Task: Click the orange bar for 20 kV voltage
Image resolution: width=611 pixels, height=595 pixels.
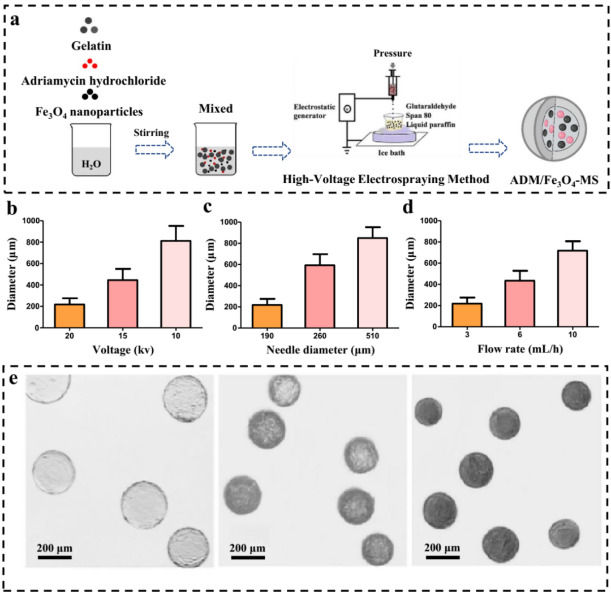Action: click(70, 316)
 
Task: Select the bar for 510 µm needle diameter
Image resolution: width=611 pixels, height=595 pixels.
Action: click(372, 283)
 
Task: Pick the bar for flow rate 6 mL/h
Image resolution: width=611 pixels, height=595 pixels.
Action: click(520, 304)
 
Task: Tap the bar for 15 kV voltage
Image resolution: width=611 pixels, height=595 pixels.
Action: click(123, 304)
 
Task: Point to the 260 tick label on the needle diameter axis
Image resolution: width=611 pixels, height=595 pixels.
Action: click(320, 336)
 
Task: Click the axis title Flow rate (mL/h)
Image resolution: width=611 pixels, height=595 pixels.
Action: click(520, 349)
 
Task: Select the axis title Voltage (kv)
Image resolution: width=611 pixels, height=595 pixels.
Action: click(123, 350)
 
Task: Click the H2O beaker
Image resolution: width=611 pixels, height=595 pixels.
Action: click(91, 150)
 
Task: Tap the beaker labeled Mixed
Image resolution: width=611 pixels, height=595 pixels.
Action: click(216, 149)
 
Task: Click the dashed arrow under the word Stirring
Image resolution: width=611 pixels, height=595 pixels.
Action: click(154, 150)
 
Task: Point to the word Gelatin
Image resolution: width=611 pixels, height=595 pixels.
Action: click(91, 46)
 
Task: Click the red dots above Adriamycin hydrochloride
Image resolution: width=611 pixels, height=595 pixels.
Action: click(89, 63)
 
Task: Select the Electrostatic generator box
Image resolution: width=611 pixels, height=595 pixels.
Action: click(347, 107)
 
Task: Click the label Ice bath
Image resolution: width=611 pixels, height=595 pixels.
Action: click(391, 153)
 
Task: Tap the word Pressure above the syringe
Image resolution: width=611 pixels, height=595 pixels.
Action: click(393, 53)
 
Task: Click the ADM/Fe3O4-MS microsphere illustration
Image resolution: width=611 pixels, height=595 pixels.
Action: click(554, 129)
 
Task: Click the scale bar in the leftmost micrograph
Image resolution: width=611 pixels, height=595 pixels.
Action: click(54, 558)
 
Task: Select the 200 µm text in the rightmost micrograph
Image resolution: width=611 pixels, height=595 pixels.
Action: click(442, 548)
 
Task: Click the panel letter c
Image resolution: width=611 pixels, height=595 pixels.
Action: click(208, 206)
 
